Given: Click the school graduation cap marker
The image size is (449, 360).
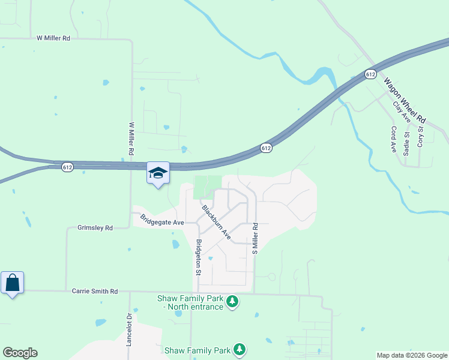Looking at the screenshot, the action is (158, 173).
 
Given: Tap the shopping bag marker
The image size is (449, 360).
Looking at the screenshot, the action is (13, 282).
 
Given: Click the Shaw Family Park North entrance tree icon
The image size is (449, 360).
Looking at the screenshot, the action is (232, 302).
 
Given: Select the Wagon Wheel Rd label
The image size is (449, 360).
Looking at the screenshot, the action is (405, 100).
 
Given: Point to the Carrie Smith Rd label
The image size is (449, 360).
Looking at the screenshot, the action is (95, 291).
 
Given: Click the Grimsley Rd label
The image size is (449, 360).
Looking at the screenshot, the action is (95, 228).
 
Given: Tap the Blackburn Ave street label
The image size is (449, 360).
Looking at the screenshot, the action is (216, 222).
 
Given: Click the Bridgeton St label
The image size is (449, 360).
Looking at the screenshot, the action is (199, 257).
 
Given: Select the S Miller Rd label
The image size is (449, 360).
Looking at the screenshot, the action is (255, 238).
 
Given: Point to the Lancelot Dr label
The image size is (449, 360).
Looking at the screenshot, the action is (129, 331).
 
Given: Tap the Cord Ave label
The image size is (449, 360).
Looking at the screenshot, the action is (394, 138).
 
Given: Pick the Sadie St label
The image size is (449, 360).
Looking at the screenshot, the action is (406, 143).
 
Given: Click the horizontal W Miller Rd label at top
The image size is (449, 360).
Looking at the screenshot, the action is (53, 38).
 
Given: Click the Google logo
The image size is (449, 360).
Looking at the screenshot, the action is (20, 353).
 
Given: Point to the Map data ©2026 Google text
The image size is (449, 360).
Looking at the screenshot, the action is (411, 355).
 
